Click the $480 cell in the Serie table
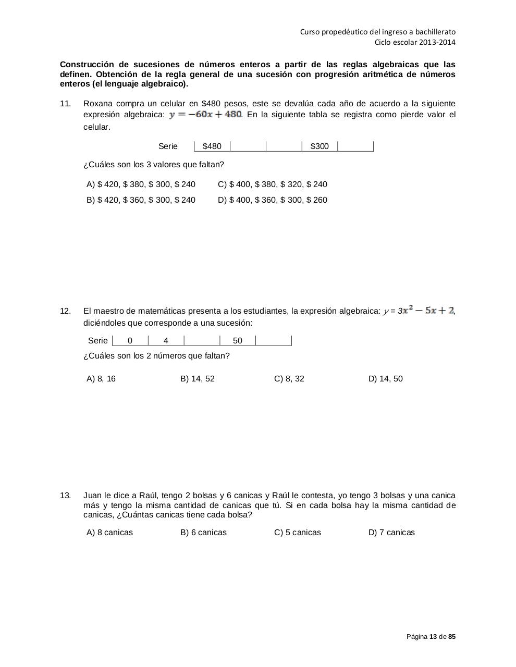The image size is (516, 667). tap(212, 146)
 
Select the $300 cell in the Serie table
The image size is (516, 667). tap(320, 146)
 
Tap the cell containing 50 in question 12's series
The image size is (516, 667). tap(238, 341)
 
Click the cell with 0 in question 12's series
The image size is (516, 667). tap(130, 341)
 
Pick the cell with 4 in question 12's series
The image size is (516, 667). tap(166, 341)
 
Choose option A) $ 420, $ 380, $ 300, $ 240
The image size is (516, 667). tap(141, 184)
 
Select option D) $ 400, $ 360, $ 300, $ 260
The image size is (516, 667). tap(273, 200)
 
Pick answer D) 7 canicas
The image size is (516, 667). tap(391, 533)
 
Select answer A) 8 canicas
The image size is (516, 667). tap(109, 533)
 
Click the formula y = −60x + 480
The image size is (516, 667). tap(205, 114)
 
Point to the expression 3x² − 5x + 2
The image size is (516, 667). tap(425, 311)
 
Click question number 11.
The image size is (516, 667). tap(65, 104)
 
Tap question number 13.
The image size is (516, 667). tap(65, 496)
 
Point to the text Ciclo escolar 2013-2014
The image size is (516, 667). tap(415, 42)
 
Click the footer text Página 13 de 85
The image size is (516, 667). tap(431, 637)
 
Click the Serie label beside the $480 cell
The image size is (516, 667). tap(168, 146)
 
